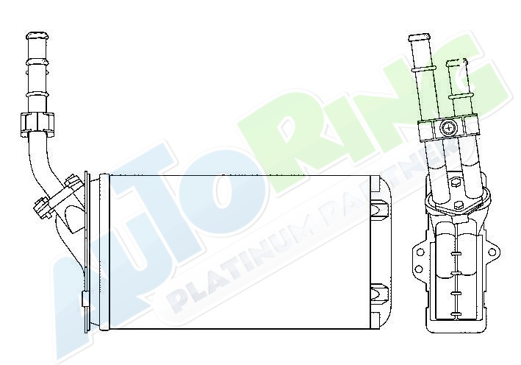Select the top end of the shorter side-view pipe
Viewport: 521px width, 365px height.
455,63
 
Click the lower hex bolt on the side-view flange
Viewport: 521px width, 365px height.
459,205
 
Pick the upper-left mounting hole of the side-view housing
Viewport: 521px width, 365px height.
420,252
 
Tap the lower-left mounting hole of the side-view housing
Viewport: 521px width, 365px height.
419,269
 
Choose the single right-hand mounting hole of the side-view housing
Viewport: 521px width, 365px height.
491,252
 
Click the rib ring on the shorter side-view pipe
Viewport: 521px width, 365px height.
460,96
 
